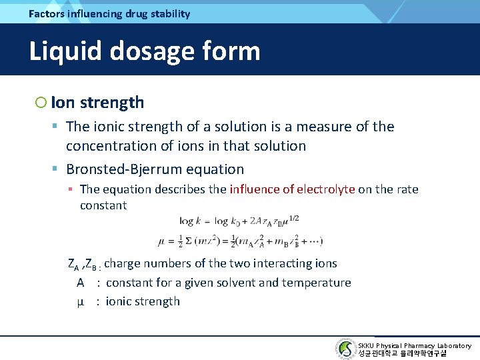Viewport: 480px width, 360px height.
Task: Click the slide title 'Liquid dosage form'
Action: (144, 51)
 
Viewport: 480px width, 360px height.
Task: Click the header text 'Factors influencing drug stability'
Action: (109, 13)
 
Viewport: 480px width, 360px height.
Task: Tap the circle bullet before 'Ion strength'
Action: (41, 102)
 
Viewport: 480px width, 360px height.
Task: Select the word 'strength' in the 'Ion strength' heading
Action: (111, 102)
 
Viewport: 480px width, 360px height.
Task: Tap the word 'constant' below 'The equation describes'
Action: (103, 205)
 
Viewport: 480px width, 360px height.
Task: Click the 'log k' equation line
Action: (239, 219)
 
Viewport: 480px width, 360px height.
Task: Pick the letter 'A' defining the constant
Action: (79, 283)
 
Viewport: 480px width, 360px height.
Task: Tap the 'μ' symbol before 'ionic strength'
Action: (80, 301)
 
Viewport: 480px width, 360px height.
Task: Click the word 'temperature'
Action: (318, 283)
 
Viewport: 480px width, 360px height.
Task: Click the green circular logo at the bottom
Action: (346, 349)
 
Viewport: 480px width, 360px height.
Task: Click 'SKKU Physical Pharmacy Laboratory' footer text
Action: (414, 345)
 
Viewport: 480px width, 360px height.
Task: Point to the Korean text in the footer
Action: (402, 354)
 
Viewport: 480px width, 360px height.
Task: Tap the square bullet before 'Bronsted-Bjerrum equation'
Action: (57, 169)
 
